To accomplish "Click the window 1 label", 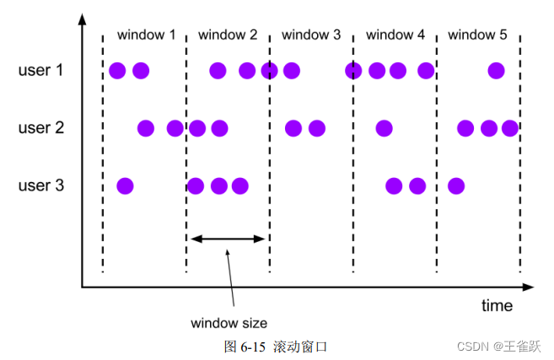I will point(147,35).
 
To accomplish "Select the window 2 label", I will point(228,35).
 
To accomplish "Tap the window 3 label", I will point(311,35).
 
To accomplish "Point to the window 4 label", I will point(395,35).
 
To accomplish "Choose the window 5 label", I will point(477,35).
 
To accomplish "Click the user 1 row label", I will point(40,70).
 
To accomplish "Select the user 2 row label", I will point(40,128).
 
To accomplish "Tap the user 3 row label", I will point(40,185).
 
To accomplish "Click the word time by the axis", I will point(497,305).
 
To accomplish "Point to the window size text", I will point(229,323).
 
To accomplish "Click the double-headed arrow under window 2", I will point(228,239).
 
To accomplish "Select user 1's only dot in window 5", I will point(496,70).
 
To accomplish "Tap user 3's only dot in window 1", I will point(125,185).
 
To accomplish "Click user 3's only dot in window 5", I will point(456,185).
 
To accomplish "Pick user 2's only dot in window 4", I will point(384,128).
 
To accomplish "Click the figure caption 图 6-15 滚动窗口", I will point(275,346).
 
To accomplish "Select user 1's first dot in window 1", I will point(117,70).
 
